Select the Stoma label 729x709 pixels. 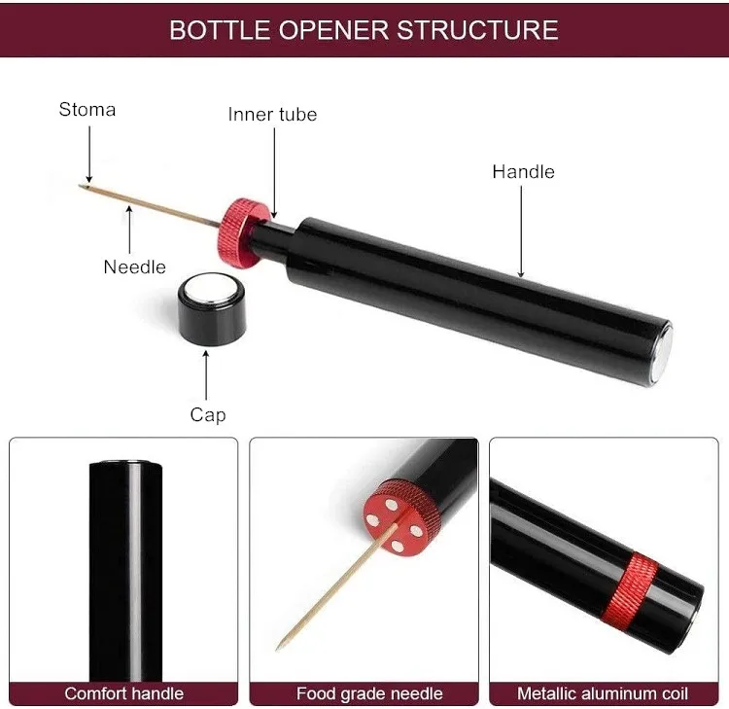(87, 109)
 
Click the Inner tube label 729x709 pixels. (272, 114)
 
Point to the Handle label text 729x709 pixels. (523, 171)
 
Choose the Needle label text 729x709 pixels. (134, 266)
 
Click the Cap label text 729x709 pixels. (208, 414)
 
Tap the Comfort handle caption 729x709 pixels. (123, 693)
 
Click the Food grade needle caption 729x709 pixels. (369, 693)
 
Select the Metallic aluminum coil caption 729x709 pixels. (603, 693)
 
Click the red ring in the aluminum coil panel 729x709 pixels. (634, 588)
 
